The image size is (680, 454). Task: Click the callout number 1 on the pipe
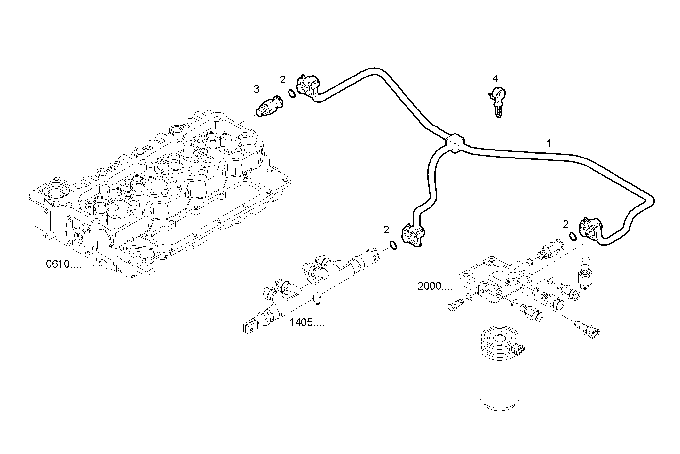point(549,143)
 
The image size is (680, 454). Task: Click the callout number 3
point(256,89)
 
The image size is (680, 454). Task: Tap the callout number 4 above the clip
point(495,78)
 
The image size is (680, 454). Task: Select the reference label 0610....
point(63,264)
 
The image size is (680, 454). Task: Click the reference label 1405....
point(306,322)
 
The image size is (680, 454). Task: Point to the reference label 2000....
point(435,286)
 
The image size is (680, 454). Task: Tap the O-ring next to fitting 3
point(292,94)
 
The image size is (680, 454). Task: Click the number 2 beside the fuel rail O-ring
point(386,230)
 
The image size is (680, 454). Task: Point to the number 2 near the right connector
point(565,224)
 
